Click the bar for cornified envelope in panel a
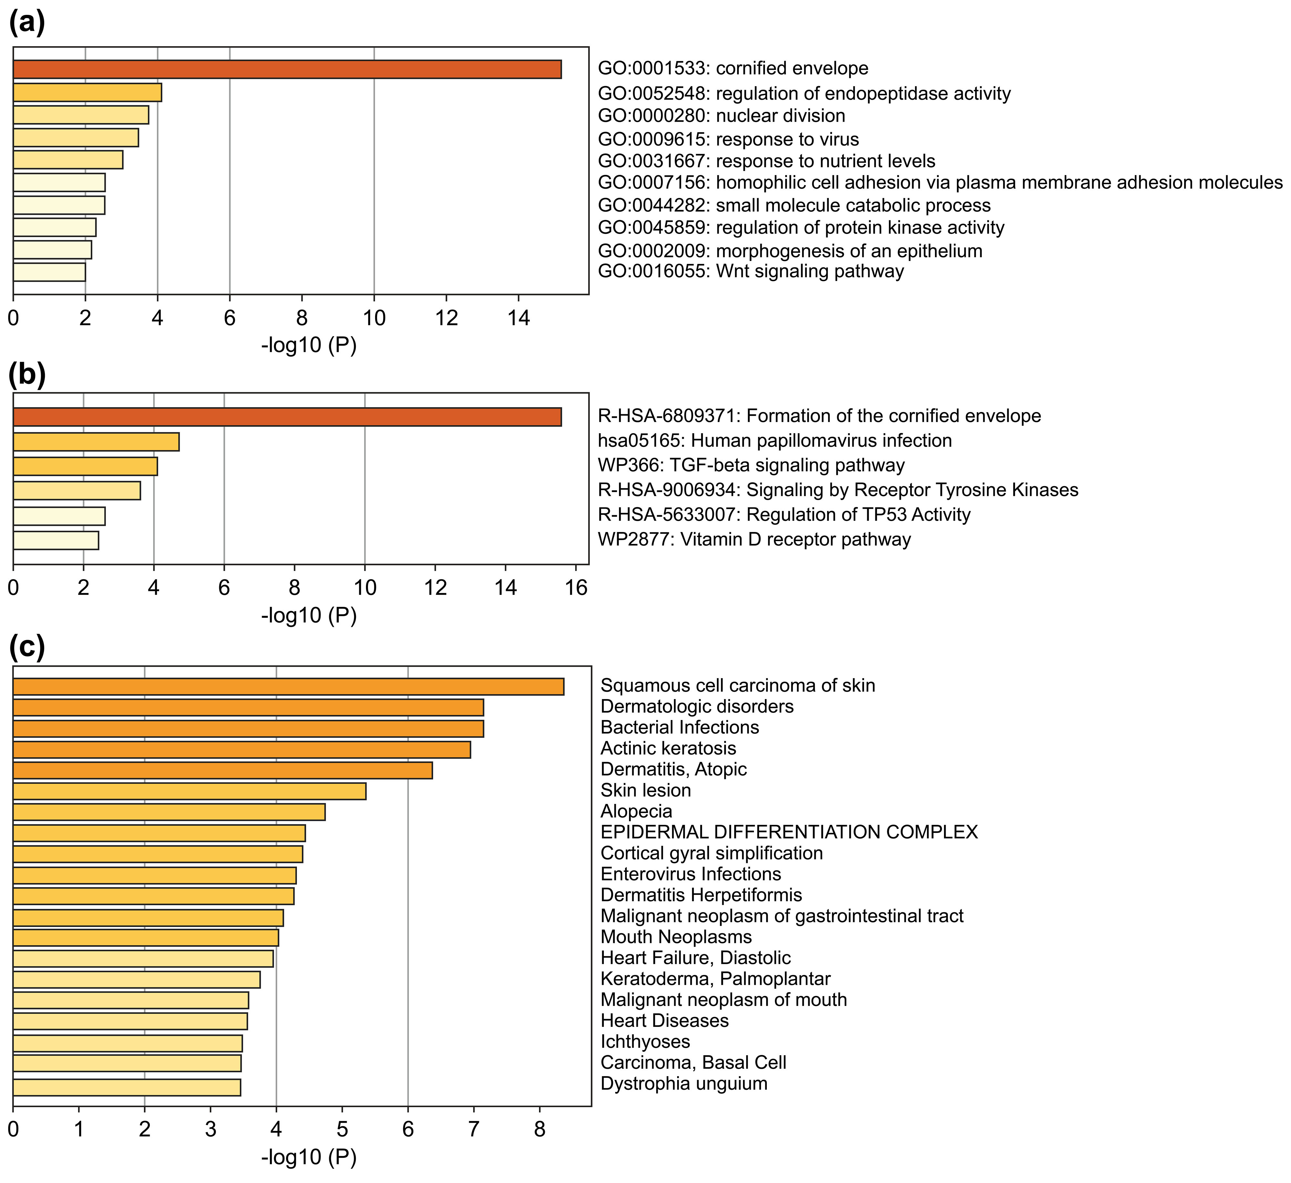(x=287, y=69)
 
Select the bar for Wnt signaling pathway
(x=49, y=272)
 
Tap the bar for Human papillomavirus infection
(x=96, y=442)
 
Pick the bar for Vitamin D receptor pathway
(x=56, y=540)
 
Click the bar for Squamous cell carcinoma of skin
(x=288, y=686)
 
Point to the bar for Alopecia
(x=169, y=812)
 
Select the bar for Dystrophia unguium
(x=127, y=1087)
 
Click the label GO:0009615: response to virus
(x=728, y=139)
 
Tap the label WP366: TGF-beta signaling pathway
(x=751, y=466)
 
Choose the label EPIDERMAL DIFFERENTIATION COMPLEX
(x=789, y=832)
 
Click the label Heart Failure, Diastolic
(x=696, y=958)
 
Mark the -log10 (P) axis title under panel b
(x=309, y=615)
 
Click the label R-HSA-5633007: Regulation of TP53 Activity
(x=784, y=515)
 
